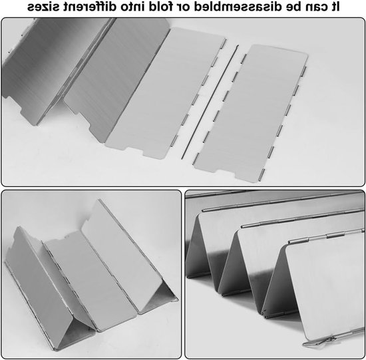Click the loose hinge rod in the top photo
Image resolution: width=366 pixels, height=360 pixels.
[x=210, y=102]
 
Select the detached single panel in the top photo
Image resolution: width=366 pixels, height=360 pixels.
[x=251, y=113]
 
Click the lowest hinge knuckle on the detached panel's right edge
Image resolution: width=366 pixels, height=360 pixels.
[x=263, y=173]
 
